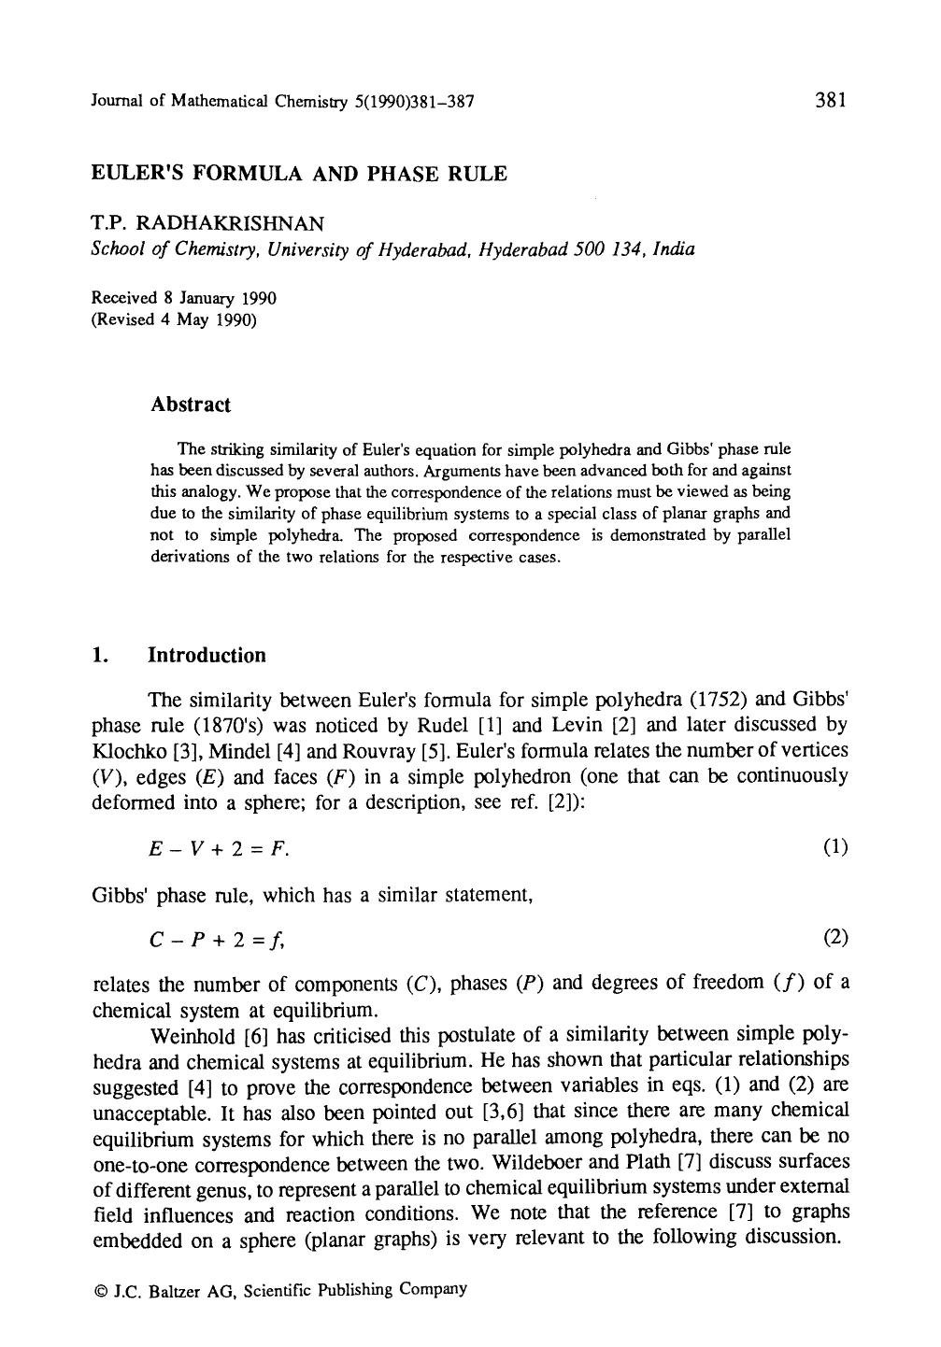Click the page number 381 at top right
830,100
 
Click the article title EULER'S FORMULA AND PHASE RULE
298,174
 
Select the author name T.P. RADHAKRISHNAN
207,224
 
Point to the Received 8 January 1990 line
183,298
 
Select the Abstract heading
190,404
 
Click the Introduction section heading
207,655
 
